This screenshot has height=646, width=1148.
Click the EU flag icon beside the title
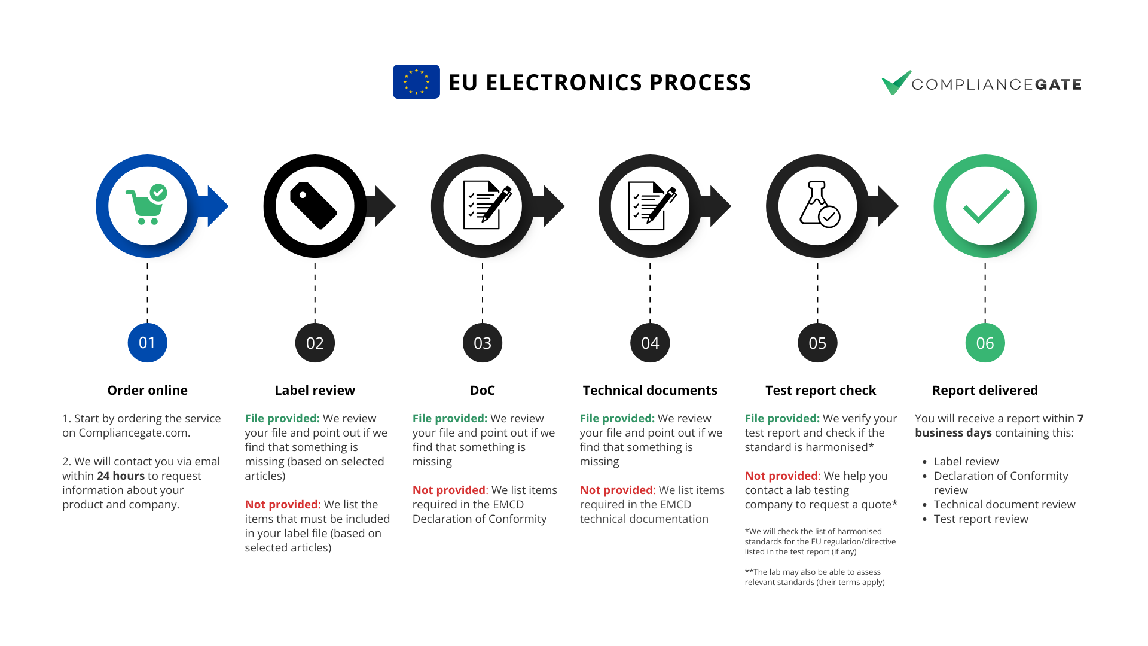click(416, 82)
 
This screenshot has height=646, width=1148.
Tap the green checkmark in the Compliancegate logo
click(896, 83)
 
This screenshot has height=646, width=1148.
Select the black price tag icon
click(313, 206)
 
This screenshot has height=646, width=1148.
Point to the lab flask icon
click(819, 205)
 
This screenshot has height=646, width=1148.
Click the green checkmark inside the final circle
click(985, 205)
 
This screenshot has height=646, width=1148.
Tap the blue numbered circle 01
click(147, 343)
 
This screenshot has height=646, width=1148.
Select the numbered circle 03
click(483, 343)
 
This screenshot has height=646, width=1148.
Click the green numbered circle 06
click(985, 343)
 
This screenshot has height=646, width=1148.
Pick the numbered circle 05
click(817, 343)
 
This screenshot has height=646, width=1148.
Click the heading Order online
click(147, 391)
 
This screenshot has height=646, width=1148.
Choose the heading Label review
click(315, 391)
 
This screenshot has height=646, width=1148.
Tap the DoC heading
click(482, 391)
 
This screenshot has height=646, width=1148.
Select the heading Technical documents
click(650, 391)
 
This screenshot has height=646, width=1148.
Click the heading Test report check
click(820, 391)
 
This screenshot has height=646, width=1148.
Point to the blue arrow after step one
click(217, 206)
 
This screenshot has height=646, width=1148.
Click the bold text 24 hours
click(121, 476)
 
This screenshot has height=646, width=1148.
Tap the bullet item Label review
click(966, 462)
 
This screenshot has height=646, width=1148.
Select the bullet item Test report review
click(981, 519)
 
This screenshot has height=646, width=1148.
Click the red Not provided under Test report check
click(781, 476)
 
